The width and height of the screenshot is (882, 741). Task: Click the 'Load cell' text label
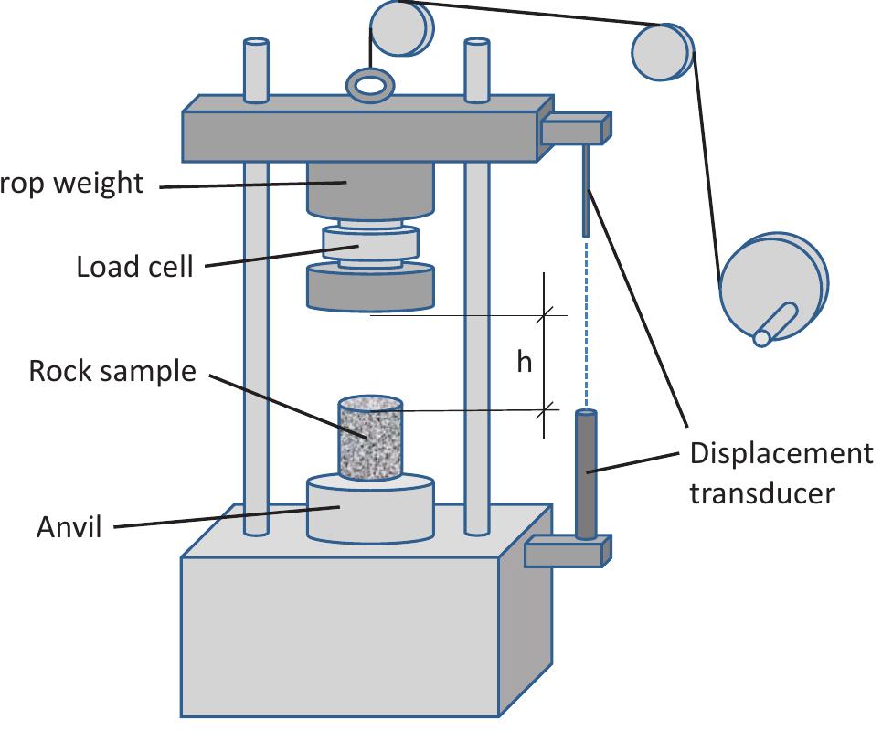(134, 267)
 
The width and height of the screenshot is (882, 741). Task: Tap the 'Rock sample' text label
(112, 371)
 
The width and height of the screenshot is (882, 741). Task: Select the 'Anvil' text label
(69, 527)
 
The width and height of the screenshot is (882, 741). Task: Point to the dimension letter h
(524, 363)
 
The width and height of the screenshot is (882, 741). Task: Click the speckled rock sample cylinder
(370, 439)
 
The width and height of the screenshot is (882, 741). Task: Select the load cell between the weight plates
(370, 246)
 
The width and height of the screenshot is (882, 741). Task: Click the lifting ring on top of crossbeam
(370, 86)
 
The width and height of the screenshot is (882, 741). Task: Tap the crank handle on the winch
(774, 325)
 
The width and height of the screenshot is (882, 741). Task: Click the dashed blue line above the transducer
(585, 320)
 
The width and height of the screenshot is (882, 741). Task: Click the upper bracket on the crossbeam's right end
(575, 130)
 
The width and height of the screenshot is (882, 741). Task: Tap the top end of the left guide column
(256, 45)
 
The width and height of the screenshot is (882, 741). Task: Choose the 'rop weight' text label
(72, 183)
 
